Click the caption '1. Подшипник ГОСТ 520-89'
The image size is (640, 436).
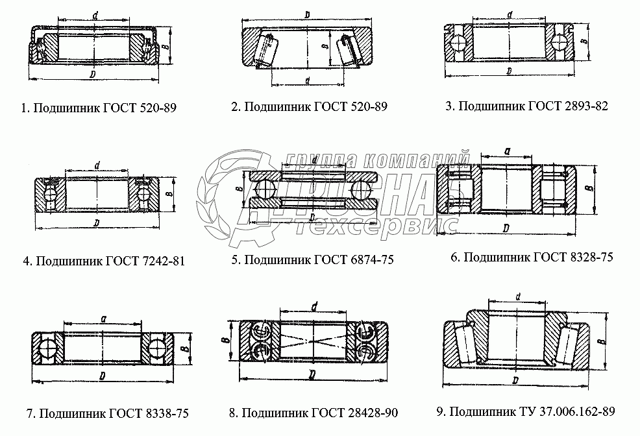pos(99,108)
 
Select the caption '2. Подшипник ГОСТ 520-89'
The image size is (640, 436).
pos(309,106)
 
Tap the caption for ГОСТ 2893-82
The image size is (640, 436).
pos(526,106)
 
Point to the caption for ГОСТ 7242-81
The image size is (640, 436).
pos(104,261)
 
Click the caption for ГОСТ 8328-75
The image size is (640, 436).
pos(532,257)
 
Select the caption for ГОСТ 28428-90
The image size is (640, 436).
pos(313,413)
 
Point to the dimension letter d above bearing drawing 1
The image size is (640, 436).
pos(95,16)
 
